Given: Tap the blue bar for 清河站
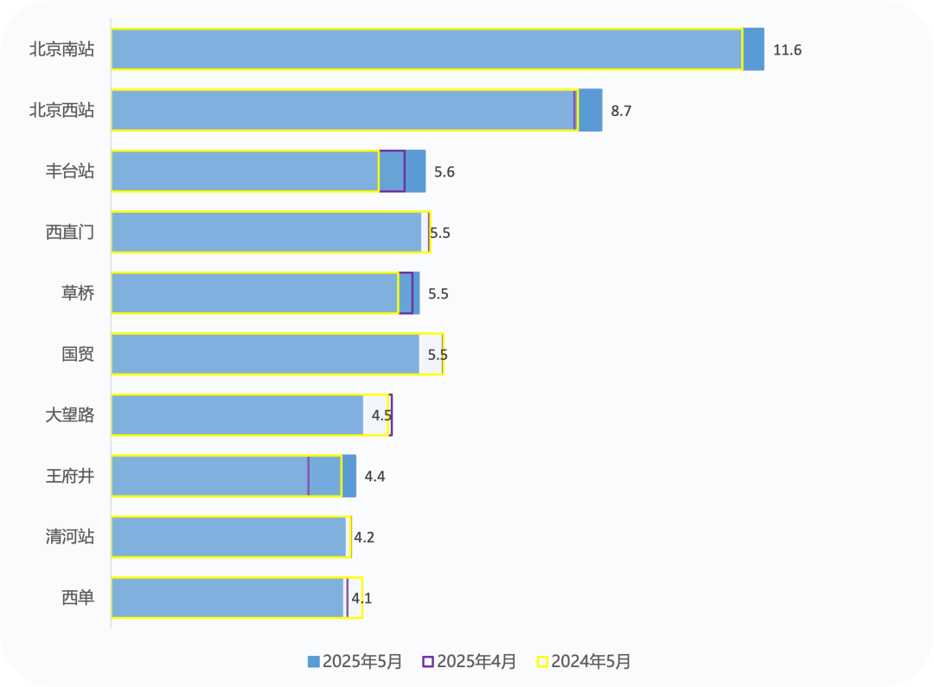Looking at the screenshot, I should (229, 537).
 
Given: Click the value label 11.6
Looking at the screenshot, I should (787, 50).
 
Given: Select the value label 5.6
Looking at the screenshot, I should (445, 172).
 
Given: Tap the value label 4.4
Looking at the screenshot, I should (374, 477).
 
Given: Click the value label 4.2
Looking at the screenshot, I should (364, 537).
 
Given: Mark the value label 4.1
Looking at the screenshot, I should (362, 598).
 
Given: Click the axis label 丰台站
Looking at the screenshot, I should (70, 171).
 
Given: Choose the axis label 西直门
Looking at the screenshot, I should (70, 232).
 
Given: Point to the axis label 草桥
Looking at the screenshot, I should (78, 293).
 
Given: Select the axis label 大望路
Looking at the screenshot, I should (70, 415).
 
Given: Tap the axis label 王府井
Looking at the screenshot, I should (70, 476).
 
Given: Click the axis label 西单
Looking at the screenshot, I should (78, 598).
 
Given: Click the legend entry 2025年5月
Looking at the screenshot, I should (355, 662).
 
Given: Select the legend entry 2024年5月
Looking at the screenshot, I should (585, 662).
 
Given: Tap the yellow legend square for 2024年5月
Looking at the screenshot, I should (543, 662).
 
